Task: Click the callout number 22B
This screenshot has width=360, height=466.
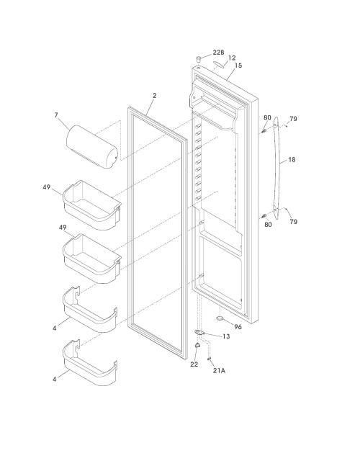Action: (218, 53)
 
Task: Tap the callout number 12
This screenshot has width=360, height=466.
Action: (232, 58)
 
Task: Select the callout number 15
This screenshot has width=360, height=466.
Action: (238, 66)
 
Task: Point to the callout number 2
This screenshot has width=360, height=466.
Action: (155, 95)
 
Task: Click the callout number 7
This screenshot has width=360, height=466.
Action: (56, 115)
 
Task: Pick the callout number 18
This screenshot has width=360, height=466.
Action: (292, 160)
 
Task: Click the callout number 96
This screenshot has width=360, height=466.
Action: (238, 327)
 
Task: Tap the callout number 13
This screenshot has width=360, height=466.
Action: (226, 336)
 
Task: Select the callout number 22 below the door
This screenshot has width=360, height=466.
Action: (194, 364)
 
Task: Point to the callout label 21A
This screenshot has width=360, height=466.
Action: (219, 370)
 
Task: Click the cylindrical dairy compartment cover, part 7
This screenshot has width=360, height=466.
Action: (91, 147)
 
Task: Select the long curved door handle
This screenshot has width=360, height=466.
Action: (276, 168)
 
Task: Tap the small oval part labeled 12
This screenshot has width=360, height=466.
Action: (219, 65)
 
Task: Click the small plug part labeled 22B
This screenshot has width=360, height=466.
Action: (199, 58)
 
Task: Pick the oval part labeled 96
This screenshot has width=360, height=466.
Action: (220, 318)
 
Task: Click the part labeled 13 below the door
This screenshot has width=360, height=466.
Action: (199, 332)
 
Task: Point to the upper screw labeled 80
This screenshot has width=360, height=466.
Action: (264, 130)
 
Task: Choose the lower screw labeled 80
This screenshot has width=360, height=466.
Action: (264, 216)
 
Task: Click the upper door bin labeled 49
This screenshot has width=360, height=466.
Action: (91, 205)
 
